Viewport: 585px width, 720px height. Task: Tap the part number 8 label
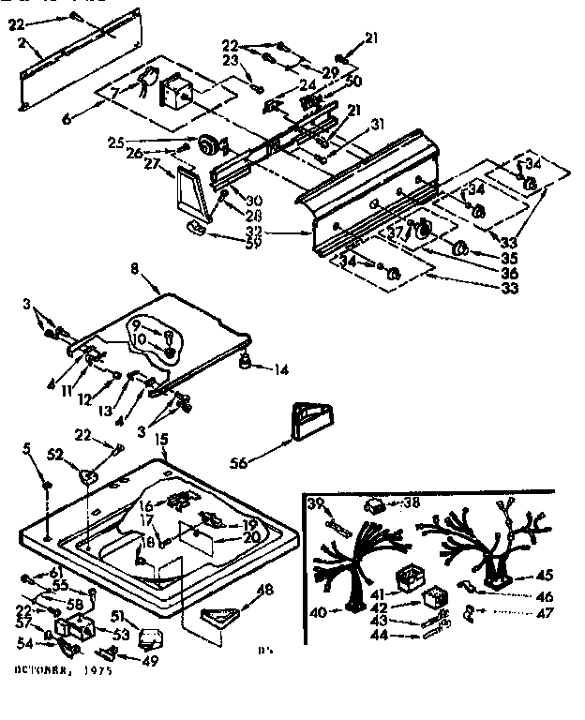pos(135,269)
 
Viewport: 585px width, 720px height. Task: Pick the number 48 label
pos(266,590)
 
